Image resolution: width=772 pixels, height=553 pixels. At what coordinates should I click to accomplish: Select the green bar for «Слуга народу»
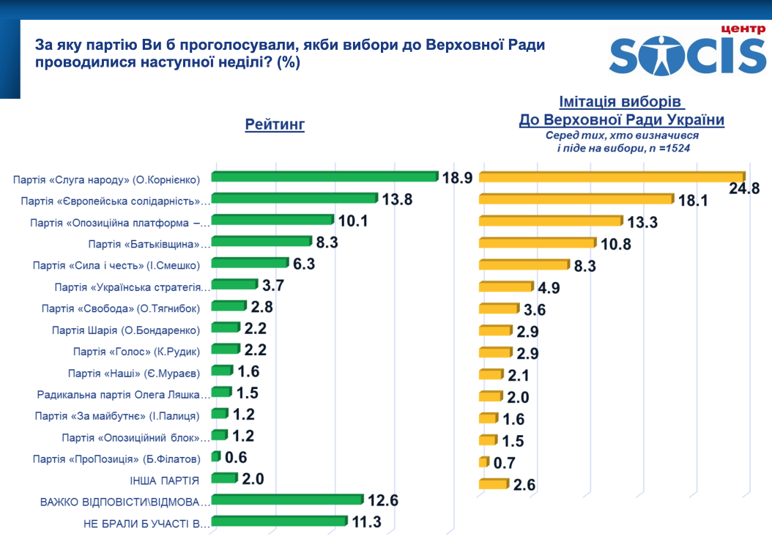click(324, 176)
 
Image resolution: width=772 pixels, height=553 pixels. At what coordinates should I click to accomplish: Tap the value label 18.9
click(458, 177)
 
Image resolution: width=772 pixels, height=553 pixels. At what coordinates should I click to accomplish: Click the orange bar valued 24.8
click(612, 177)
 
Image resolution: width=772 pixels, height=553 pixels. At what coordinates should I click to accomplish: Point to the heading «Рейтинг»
click(275, 125)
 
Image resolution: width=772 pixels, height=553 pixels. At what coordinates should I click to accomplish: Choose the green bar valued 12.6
click(287, 500)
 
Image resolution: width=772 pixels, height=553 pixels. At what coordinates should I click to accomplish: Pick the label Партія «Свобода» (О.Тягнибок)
click(121, 308)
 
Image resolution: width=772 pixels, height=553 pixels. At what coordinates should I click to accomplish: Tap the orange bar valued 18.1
click(576, 198)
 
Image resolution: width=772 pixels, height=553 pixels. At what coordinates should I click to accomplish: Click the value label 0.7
click(505, 463)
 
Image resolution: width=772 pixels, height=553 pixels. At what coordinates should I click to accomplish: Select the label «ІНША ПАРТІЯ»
click(163, 480)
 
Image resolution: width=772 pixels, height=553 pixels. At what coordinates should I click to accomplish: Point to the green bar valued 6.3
click(250, 263)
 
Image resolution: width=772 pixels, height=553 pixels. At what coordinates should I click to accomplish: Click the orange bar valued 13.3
click(550, 220)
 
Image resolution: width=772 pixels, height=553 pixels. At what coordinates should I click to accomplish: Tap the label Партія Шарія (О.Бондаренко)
click(126, 330)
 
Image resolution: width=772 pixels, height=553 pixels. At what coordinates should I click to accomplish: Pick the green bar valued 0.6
click(215, 456)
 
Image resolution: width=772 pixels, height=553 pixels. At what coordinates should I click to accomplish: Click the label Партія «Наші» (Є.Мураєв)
click(133, 373)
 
